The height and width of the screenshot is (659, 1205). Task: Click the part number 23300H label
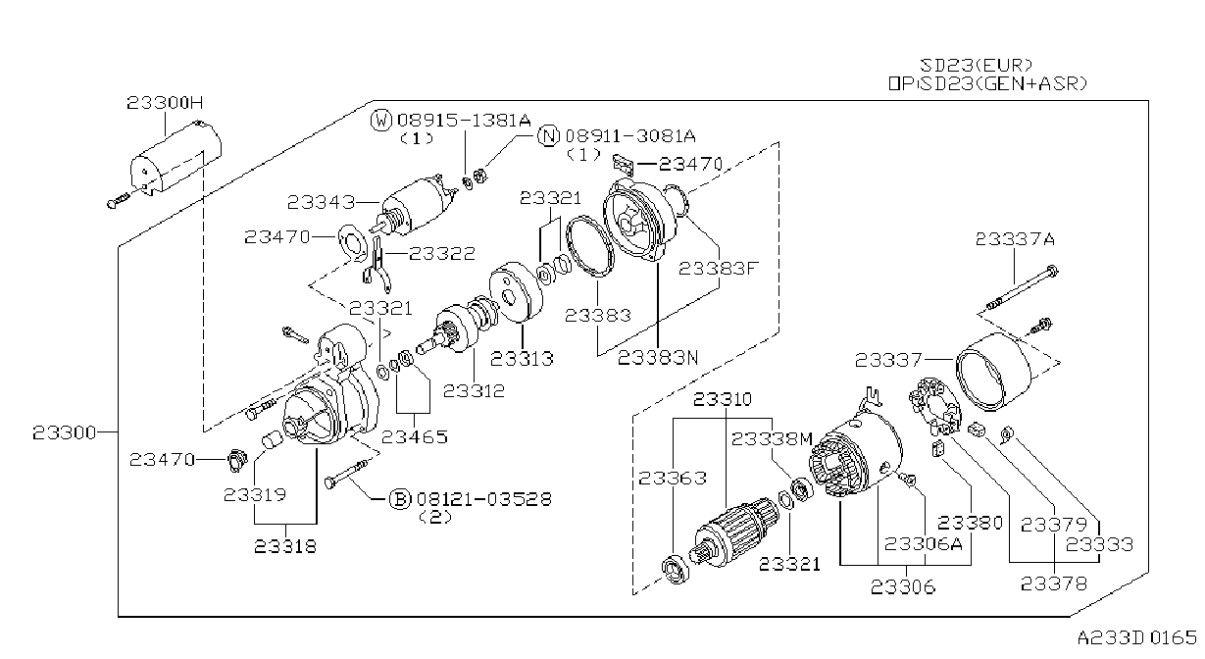pyautogui.click(x=165, y=102)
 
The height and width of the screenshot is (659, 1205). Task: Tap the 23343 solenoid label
pyautogui.click(x=322, y=202)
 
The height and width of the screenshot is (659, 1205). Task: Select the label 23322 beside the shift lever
pyautogui.click(x=442, y=253)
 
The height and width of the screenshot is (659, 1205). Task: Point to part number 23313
pyautogui.click(x=522, y=358)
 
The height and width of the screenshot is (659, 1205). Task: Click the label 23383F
pyautogui.click(x=718, y=268)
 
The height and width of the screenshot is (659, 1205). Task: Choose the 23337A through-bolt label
pyautogui.click(x=1015, y=239)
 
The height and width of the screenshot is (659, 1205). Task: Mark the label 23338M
pyautogui.click(x=772, y=439)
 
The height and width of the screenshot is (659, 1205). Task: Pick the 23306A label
pyautogui.click(x=924, y=543)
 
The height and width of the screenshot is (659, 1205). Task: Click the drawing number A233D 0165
pyautogui.click(x=1136, y=638)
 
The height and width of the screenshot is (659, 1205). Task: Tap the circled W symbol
pyautogui.click(x=381, y=120)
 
